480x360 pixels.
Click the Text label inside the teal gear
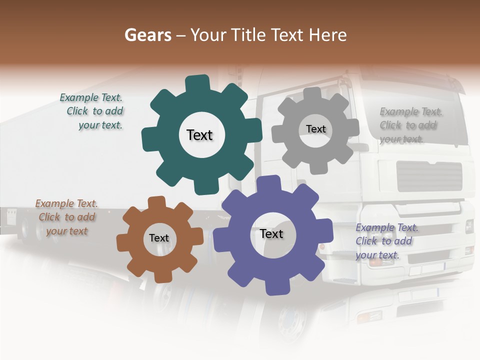point(199,135)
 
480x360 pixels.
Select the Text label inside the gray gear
point(315,129)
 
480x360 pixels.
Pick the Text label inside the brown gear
point(159,238)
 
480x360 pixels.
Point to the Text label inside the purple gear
point(271,234)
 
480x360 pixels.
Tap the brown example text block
point(66,217)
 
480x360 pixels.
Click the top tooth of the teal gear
point(197,84)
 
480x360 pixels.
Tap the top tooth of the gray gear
point(312,94)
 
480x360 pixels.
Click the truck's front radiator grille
point(429,176)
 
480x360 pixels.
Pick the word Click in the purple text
point(366,241)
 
